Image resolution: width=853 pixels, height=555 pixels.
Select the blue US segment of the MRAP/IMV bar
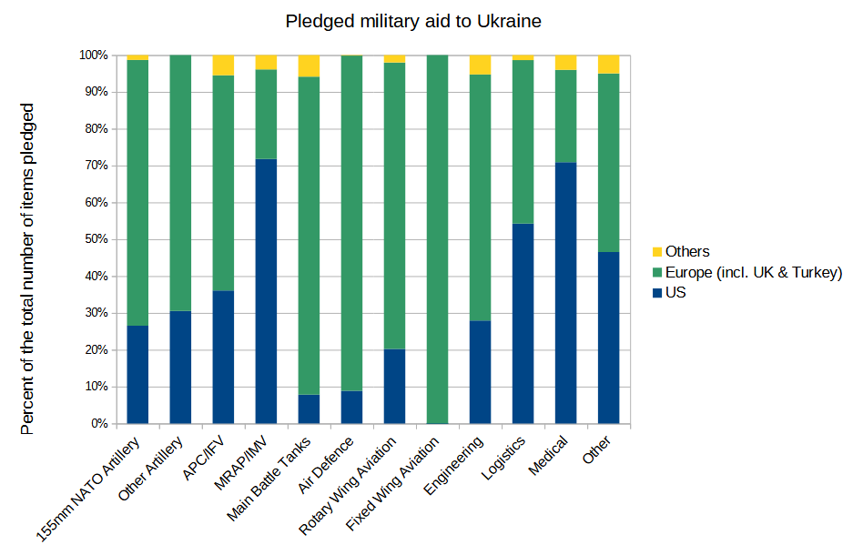[266, 291]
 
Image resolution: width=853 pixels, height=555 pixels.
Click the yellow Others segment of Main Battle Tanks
[309, 66]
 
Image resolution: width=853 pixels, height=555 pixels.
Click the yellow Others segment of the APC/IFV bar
[223, 65]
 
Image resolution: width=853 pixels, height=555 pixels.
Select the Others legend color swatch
[657, 252]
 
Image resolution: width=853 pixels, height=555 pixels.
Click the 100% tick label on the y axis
[92, 55]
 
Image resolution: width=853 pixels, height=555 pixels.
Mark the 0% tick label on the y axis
[98, 424]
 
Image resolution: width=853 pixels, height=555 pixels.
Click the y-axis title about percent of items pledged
[26, 268]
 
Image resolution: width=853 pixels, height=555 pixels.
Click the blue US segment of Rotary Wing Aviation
[394, 387]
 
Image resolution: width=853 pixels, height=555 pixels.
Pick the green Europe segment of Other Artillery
[180, 182]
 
